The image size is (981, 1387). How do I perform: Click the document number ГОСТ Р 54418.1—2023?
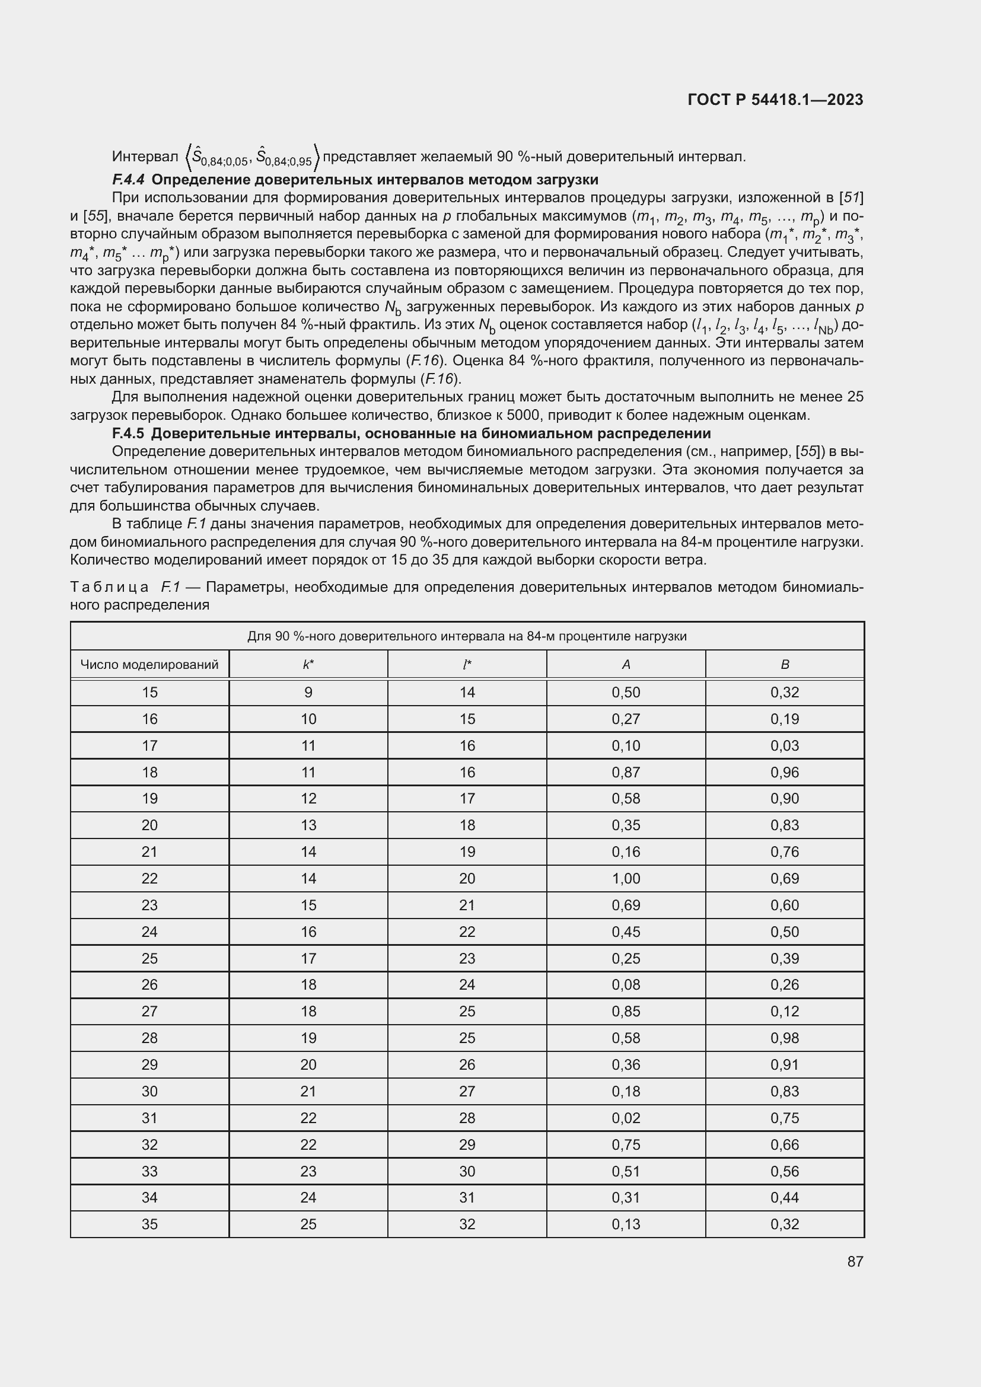click(x=775, y=100)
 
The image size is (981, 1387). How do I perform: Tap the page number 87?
click(x=855, y=1261)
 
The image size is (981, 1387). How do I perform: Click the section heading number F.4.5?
click(x=128, y=433)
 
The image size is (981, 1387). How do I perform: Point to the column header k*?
click(x=308, y=665)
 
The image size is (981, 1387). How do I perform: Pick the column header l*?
click(x=467, y=665)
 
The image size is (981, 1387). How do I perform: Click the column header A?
click(x=626, y=665)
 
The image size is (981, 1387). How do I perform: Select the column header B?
click(x=785, y=665)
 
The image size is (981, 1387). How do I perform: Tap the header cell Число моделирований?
click(x=149, y=665)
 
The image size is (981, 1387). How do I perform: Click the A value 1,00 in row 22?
click(x=626, y=878)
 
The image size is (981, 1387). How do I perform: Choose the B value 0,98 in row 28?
click(x=785, y=1038)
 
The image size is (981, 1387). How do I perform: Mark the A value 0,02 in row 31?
click(x=626, y=1118)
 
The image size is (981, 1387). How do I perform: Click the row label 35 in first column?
click(x=149, y=1224)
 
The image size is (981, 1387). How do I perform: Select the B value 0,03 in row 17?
click(x=785, y=745)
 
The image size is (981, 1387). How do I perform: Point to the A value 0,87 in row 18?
click(x=626, y=772)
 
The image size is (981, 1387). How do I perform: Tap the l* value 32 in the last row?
click(x=467, y=1224)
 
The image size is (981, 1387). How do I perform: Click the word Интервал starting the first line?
click(x=145, y=157)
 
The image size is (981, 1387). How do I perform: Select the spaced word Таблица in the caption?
click(x=109, y=586)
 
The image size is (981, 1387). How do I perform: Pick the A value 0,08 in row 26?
click(x=626, y=985)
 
